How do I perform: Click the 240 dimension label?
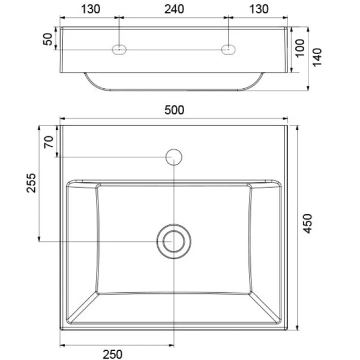coord(174,9)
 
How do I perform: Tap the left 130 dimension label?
coord(91,9)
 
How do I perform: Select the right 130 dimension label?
coord(259,9)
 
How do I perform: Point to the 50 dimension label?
coord(48,39)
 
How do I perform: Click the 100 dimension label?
coord(300,48)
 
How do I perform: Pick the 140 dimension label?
coord(317,58)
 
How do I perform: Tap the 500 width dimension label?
coord(174,110)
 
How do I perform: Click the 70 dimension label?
coord(49,142)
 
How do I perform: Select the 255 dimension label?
coord(31,183)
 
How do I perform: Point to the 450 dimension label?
coord(307,224)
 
